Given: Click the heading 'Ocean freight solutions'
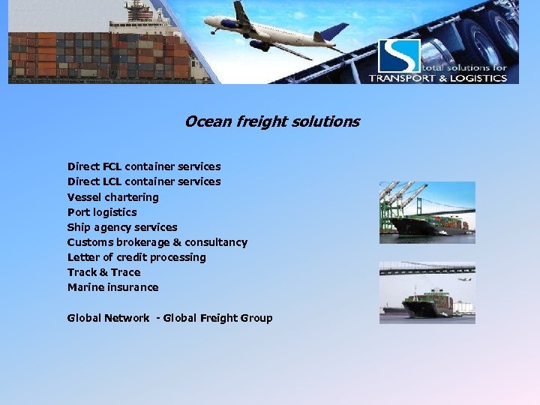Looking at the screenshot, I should click(271, 121).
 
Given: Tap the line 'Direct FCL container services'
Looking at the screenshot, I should click(144, 166).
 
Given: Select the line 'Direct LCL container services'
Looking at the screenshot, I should click(144, 181).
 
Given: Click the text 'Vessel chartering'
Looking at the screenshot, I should click(113, 197).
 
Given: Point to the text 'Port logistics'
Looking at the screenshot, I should click(102, 212).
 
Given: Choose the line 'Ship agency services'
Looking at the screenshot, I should click(122, 227).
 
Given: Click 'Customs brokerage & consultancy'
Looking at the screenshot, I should click(157, 242).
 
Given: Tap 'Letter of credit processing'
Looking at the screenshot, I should click(136, 257).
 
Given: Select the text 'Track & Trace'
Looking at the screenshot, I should click(103, 272).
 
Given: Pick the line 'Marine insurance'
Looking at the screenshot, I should click(113, 287).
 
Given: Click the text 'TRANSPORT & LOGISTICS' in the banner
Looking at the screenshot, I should click(438, 78).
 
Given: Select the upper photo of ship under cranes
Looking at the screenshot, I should click(427, 212).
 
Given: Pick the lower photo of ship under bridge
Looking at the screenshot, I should click(427, 292).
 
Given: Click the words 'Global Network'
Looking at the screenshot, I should click(108, 318).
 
